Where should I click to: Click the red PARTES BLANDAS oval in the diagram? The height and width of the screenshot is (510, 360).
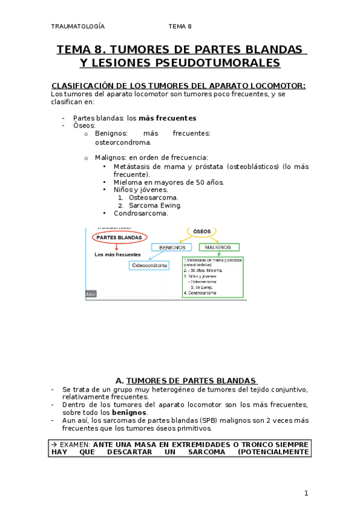click(119, 237)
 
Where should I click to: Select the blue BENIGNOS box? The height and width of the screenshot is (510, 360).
click(171, 247)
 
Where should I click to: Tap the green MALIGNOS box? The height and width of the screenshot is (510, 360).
click(219, 247)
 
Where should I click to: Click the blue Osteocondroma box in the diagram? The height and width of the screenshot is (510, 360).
click(149, 265)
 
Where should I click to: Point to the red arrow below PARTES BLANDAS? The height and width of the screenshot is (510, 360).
click(116, 247)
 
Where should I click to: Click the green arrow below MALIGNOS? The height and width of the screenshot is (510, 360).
click(219, 254)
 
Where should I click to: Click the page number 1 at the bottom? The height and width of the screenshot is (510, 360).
click(306, 493)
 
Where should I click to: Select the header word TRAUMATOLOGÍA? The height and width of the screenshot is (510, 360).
click(78, 26)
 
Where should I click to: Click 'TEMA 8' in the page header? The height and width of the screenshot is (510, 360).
click(180, 26)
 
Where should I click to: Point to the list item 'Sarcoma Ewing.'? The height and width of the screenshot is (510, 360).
click(154, 205)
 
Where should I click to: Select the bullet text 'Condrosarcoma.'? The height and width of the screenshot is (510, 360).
click(140, 213)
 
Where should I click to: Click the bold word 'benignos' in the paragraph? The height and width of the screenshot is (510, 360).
click(129, 413)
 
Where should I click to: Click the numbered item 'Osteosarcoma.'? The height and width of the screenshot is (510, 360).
click(153, 197)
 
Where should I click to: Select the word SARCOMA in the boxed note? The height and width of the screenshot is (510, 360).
click(204, 453)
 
